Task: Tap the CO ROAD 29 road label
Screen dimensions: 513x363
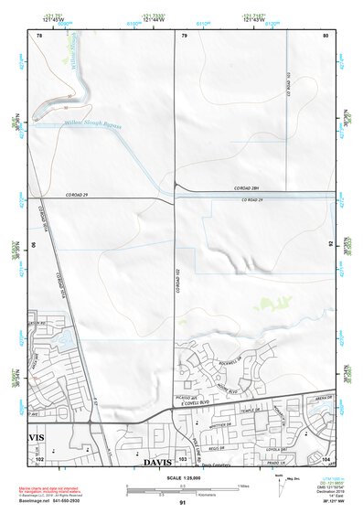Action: pos(81,196)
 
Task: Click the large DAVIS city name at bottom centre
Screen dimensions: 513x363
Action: pos(156,463)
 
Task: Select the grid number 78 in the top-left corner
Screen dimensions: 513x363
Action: pos(39,35)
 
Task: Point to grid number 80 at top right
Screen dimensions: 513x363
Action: pos(325,35)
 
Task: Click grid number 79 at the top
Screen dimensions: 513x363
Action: pos(185,35)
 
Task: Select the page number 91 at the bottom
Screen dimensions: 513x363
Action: pos(182,503)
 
